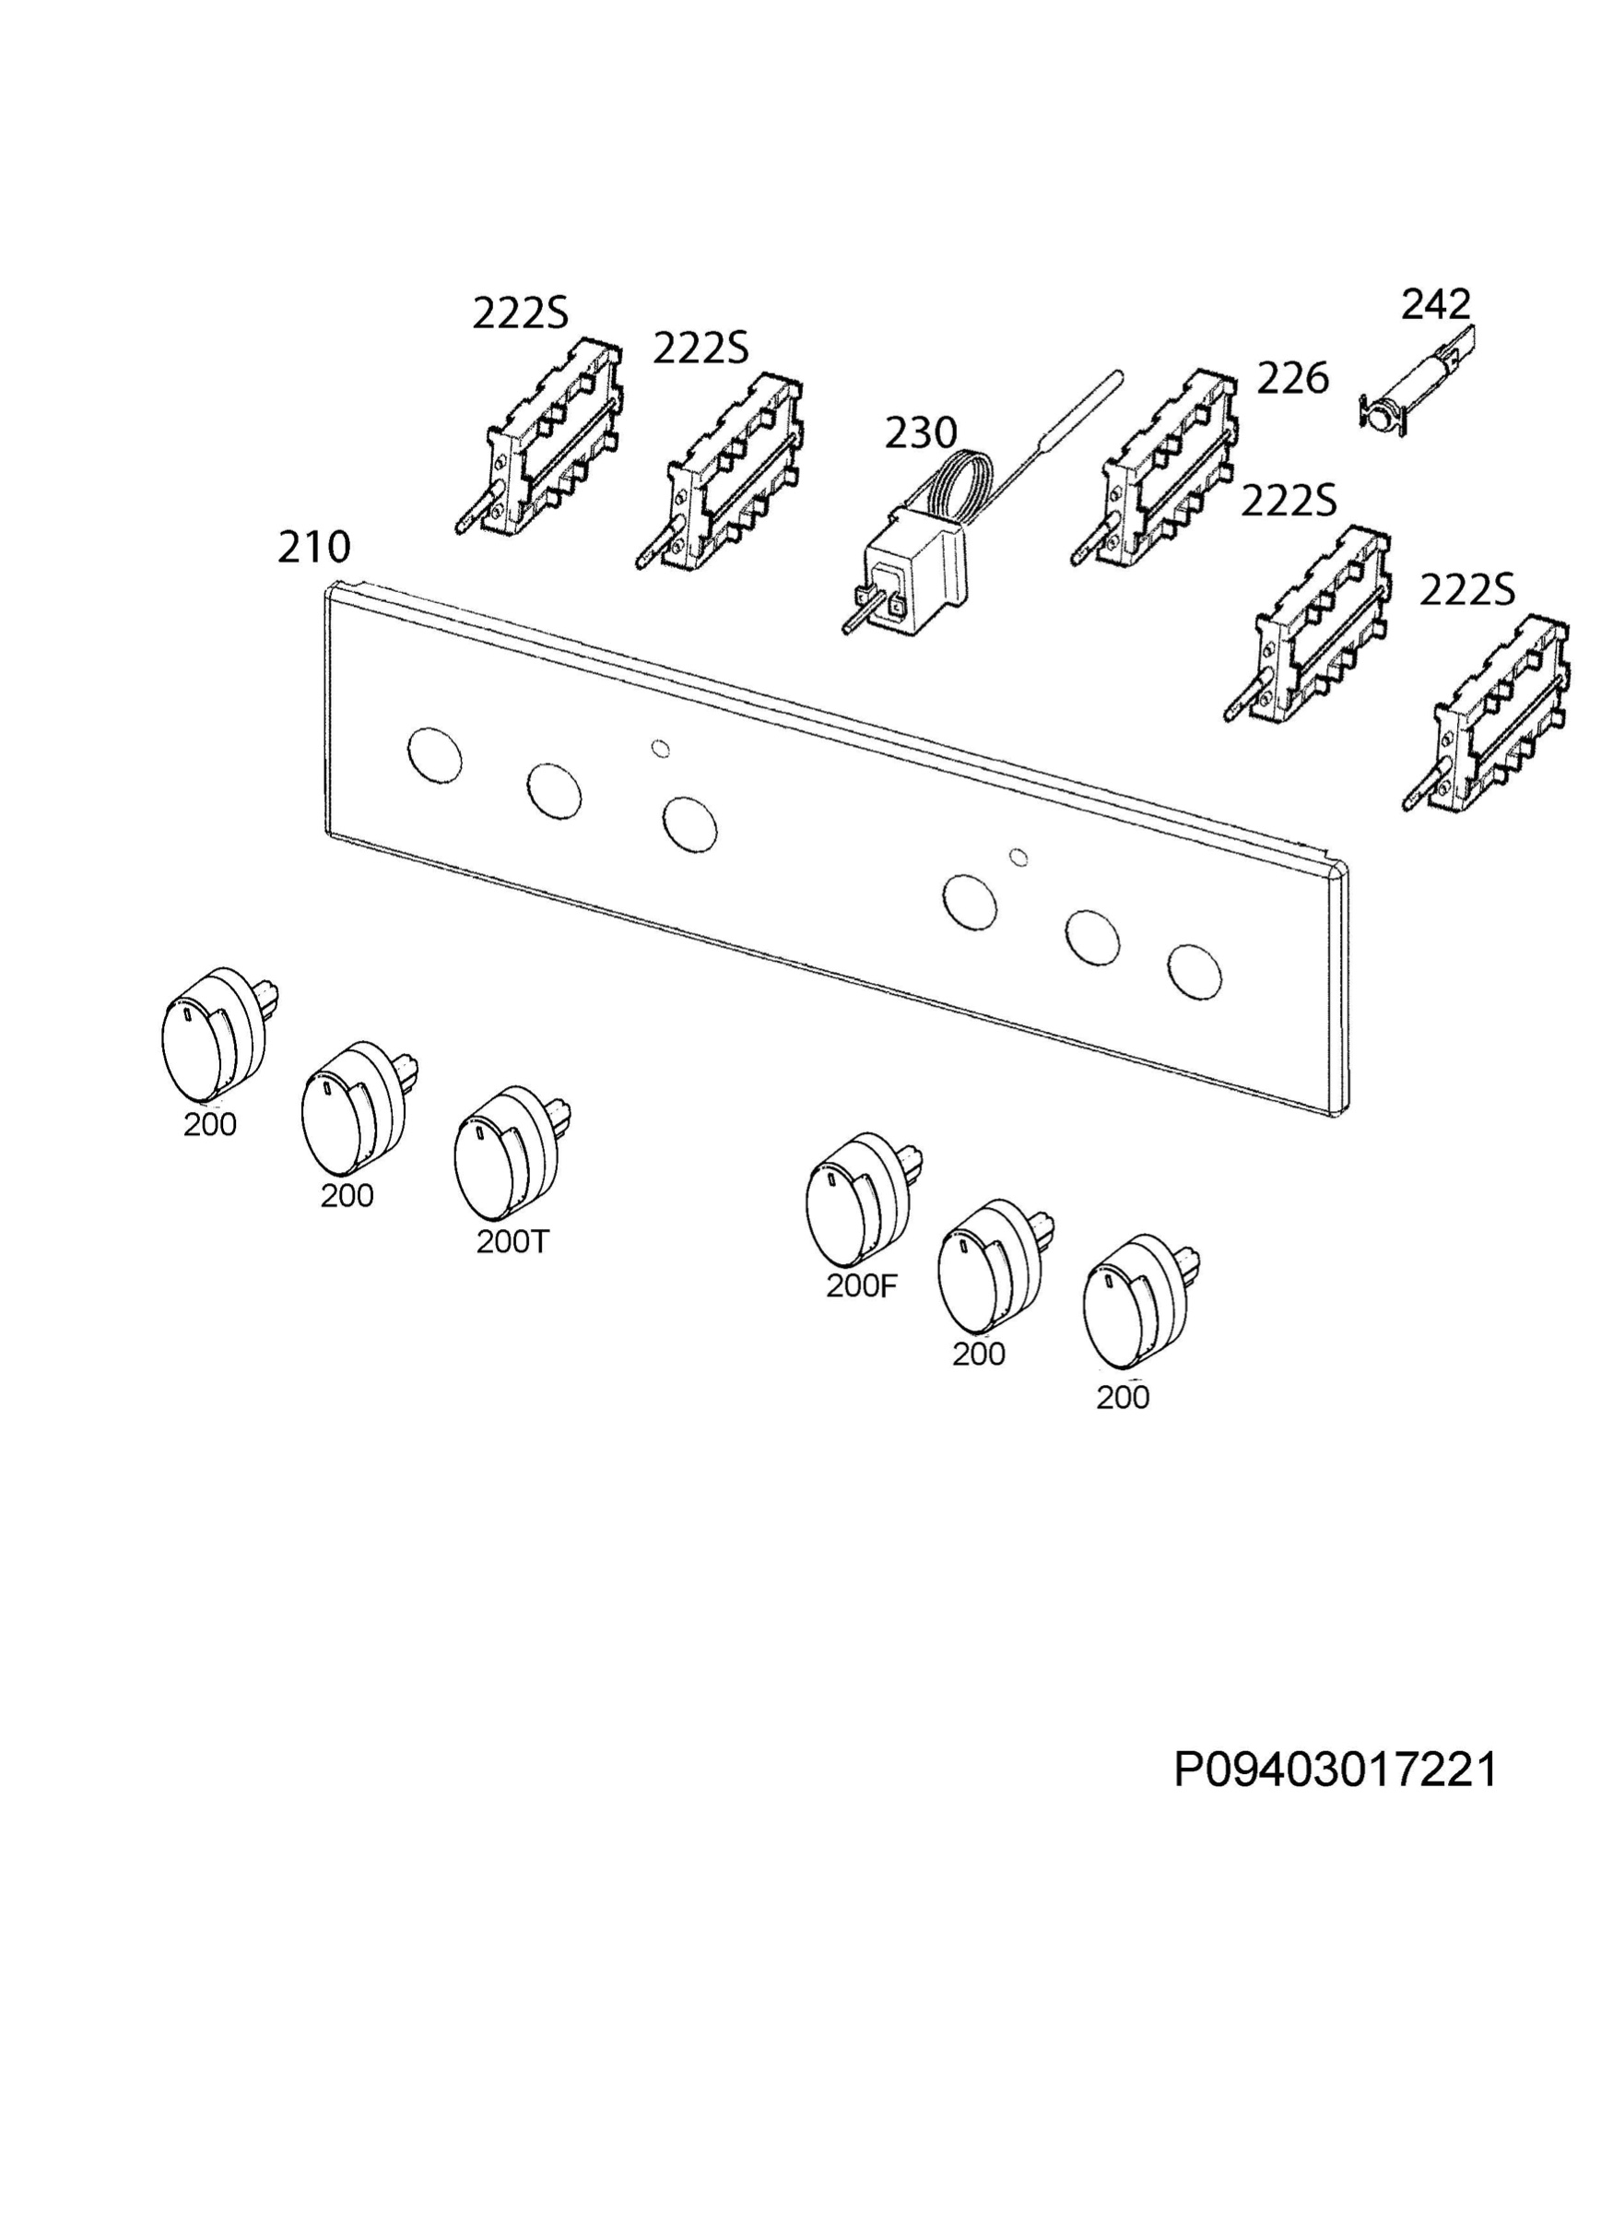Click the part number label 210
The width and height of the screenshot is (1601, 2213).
(x=313, y=548)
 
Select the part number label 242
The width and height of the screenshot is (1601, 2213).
(x=1435, y=304)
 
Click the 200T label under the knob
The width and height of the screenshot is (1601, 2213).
(x=513, y=1241)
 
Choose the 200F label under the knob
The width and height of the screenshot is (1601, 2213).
(x=861, y=1286)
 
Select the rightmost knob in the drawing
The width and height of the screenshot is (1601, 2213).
(x=1138, y=1308)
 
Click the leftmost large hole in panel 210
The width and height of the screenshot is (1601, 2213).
(x=434, y=755)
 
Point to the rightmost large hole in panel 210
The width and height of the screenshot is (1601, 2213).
(x=1195, y=971)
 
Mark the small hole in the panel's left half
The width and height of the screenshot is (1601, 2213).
(x=661, y=749)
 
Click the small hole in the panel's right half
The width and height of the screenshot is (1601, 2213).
(x=1018, y=858)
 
